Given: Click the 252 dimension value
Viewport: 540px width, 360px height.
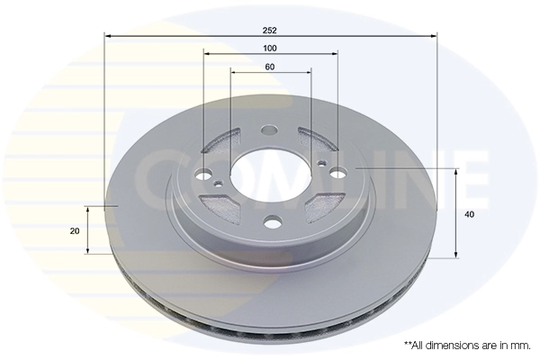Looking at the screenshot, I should pyautogui.click(x=270, y=30).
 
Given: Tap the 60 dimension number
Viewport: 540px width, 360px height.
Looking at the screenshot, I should pyautogui.click(x=270, y=66).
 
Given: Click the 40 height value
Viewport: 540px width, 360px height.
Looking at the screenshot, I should pyautogui.click(x=469, y=214).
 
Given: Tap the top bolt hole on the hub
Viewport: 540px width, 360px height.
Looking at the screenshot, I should pyautogui.click(x=267, y=131).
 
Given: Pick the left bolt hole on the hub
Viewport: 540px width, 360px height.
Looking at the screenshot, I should pyautogui.click(x=205, y=175).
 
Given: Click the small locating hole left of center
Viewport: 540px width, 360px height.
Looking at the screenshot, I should pyautogui.click(x=218, y=184).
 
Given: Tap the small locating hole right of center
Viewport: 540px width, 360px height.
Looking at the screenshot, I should pyautogui.click(x=322, y=163).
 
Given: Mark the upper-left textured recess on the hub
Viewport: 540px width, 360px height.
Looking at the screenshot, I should pyautogui.click(x=221, y=141).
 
